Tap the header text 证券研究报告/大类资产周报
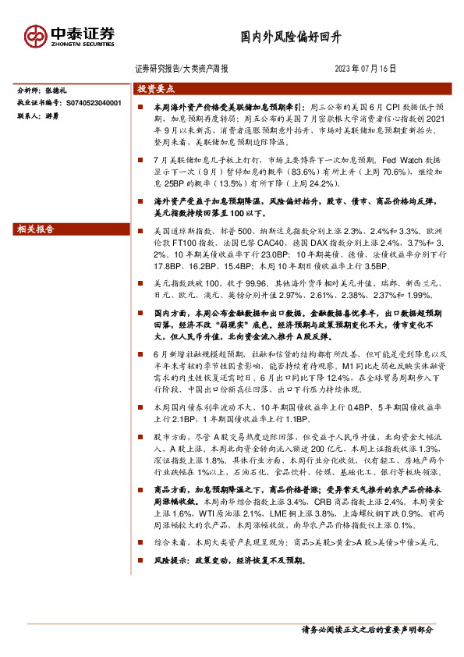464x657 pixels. tap(182, 69)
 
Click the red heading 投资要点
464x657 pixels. tap(157, 89)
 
